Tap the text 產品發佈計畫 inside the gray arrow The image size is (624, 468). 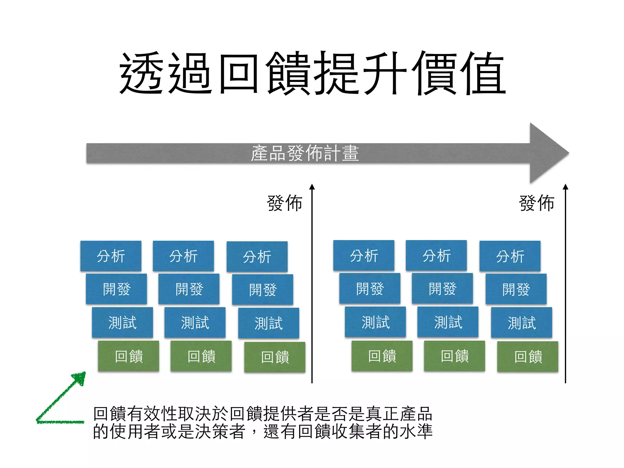point(305,153)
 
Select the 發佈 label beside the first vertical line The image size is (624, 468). point(285,203)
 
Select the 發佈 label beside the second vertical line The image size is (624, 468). point(537,203)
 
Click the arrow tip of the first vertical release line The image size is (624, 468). point(312,186)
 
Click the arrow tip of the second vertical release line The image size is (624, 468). point(565,186)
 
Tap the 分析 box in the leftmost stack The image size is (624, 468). point(111,256)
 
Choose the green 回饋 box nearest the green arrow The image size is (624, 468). point(129,356)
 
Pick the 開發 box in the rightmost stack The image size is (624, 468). point(516,289)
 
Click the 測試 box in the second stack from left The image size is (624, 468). point(195,322)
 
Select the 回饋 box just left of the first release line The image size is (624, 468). point(275,357)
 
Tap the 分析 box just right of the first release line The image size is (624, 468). point(364,255)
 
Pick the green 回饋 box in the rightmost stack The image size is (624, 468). point(528,356)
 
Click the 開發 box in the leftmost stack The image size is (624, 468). point(116,289)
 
